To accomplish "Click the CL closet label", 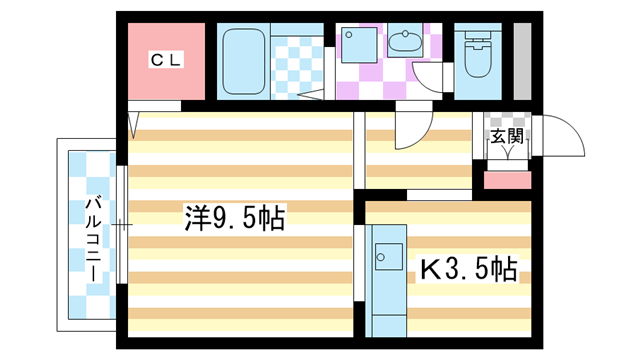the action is coord(166,60).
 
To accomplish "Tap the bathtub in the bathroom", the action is coord(244,61).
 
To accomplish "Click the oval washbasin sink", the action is coord(405,40).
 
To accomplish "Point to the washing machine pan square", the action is coord(359,45).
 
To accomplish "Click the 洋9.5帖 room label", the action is coord(236,218).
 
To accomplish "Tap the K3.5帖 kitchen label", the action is coord(469,269).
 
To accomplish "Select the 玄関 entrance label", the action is coord(507,136).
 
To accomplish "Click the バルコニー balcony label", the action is coord(93,239).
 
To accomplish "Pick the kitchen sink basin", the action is coord(389,257).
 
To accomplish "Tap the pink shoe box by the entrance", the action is coord(507,180).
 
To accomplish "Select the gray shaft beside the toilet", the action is coord(522,61).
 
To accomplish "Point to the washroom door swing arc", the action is coord(423,82).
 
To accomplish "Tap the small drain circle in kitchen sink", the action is coord(381,257).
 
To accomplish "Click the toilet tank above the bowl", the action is coord(478,34).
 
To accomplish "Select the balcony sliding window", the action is coord(122,224).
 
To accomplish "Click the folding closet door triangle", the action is coord(133,125).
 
